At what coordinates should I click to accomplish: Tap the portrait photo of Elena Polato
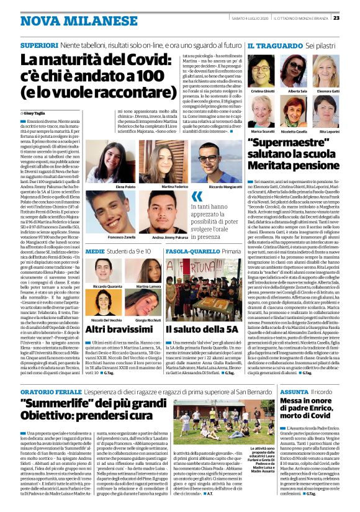(x=125, y=162)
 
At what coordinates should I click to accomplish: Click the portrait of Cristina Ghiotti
(x=261, y=70)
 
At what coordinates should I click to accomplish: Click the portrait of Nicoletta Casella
(x=296, y=112)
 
